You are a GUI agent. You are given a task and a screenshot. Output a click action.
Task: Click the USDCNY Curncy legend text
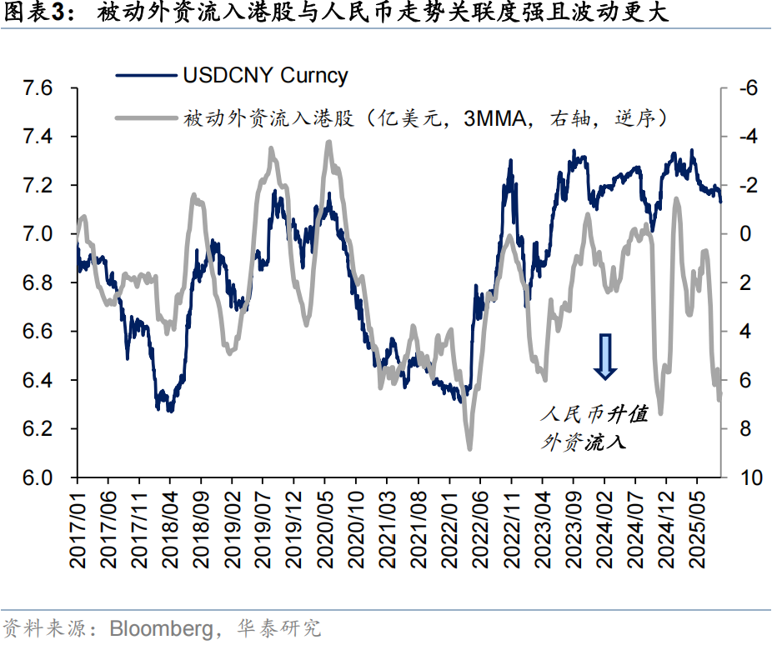click(x=265, y=76)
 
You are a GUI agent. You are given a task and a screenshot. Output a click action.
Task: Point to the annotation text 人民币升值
click(x=594, y=414)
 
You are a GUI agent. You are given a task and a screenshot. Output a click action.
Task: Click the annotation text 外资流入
click(x=584, y=442)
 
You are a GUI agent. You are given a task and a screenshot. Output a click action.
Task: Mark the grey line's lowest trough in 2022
click(x=469, y=448)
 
